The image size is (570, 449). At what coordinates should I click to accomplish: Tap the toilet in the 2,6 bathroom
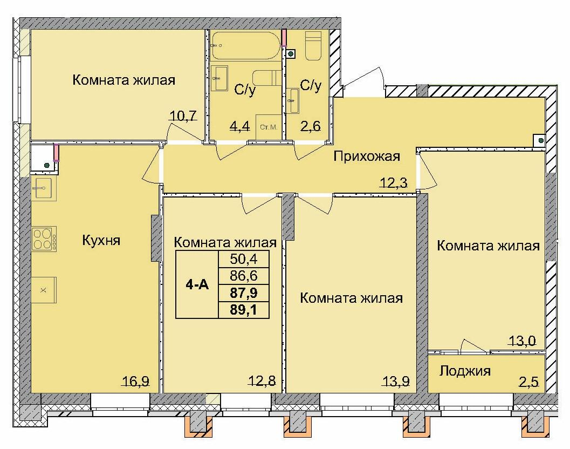click(313, 45)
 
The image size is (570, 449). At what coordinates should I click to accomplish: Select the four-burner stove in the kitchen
click(44, 239)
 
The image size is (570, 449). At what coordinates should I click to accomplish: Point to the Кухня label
click(101, 240)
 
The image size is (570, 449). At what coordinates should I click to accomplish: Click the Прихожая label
click(367, 157)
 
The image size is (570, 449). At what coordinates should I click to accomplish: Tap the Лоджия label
click(465, 371)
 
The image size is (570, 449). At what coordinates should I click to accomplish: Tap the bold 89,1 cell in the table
click(243, 310)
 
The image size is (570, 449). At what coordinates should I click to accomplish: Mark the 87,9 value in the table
click(243, 294)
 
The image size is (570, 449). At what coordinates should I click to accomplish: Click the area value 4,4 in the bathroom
click(239, 127)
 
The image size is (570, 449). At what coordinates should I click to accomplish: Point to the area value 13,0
click(522, 341)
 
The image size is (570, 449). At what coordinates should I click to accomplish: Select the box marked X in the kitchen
click(44, 290)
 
